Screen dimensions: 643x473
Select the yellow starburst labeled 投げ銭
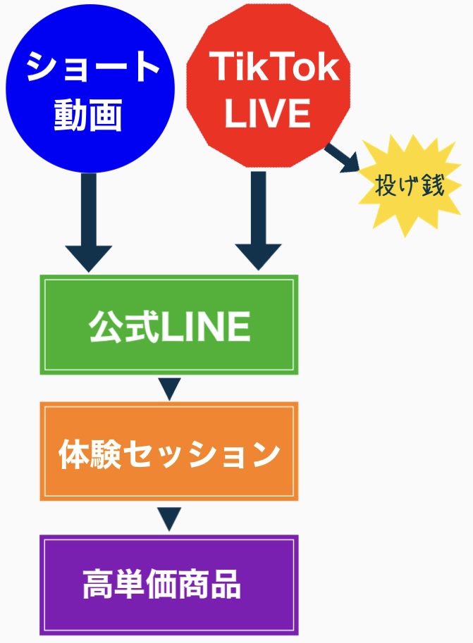click(x=410, y=187)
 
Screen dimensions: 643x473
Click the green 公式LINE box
click(x=169, y=325)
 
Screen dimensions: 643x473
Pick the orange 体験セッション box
click(x=169, y=451)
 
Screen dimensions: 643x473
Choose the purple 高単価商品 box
click(x=169, y=585)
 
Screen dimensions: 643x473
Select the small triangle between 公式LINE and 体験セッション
click(x=169, y=388)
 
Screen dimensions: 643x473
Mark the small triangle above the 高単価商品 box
click(x=169, y=518)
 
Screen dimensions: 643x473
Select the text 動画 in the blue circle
click(x=88, y=114)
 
